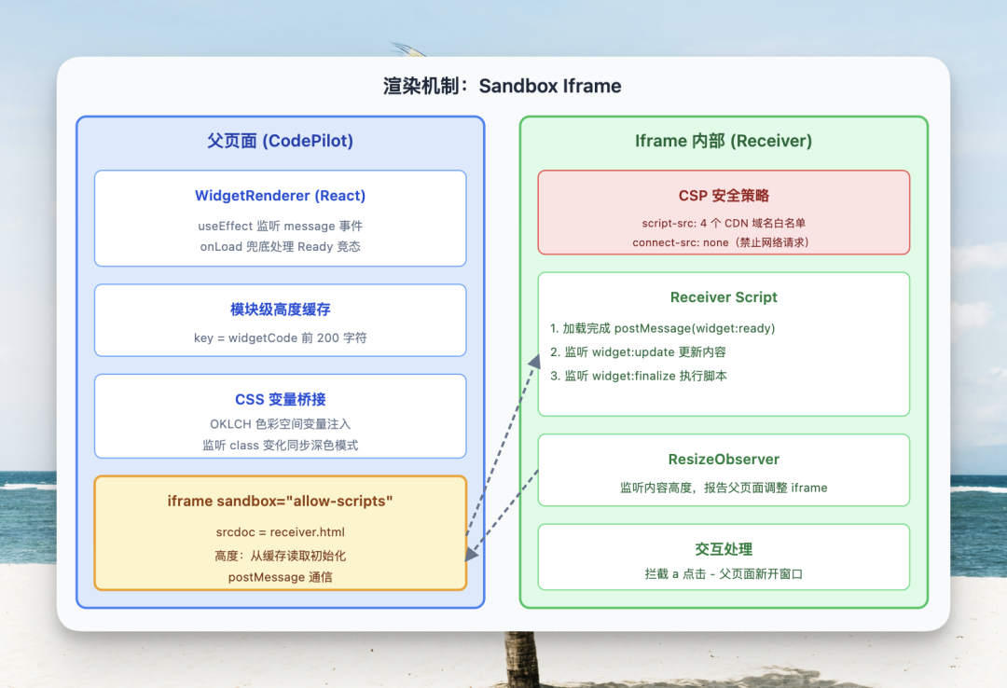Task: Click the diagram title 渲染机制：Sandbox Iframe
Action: [x=502, y=87]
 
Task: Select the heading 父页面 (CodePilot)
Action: [x=280, y=141]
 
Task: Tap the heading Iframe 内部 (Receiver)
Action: [x=724, y=141]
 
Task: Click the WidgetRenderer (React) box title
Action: [x=280, y=196]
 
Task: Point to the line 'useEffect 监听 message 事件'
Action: [x=280, y=226]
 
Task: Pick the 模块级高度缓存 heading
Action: [x=280, y=310]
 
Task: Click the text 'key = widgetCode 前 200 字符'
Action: [x=280, y=337]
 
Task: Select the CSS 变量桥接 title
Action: [x=280, y=399]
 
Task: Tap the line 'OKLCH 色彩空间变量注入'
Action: [x=280, y=424]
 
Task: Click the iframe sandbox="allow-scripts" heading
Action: [x=280, y=502]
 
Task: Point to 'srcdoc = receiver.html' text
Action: [x=280, y=531]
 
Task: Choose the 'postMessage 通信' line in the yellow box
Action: [x=280, y=577]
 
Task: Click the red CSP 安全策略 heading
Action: [x=724, y=196]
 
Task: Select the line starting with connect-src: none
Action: [x=724, y=242]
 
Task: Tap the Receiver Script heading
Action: [x=724, y=297]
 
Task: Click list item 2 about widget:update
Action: [x=639, y=352]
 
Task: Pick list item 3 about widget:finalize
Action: [x=639, y=376]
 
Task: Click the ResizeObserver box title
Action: [x=724, y=460]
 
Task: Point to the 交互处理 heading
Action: [x=724, y=549]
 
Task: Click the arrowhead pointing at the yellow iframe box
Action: [x=472, y=554]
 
